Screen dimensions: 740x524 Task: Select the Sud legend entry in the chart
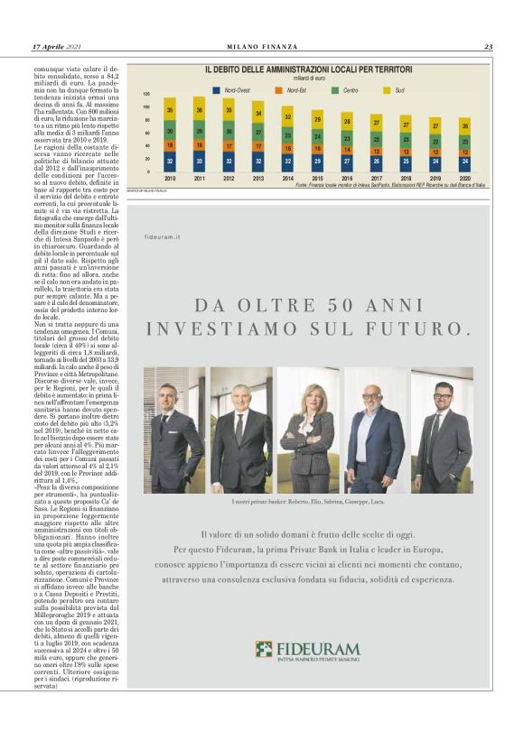[397, 90]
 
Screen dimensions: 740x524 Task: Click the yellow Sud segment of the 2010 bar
[170, 109]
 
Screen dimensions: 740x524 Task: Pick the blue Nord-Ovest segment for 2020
[464, 162]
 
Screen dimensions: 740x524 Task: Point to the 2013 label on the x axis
[258, 179]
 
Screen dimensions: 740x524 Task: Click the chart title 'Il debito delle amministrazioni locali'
[308, 69]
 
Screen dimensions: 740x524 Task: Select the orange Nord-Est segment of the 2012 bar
[229, 145]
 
